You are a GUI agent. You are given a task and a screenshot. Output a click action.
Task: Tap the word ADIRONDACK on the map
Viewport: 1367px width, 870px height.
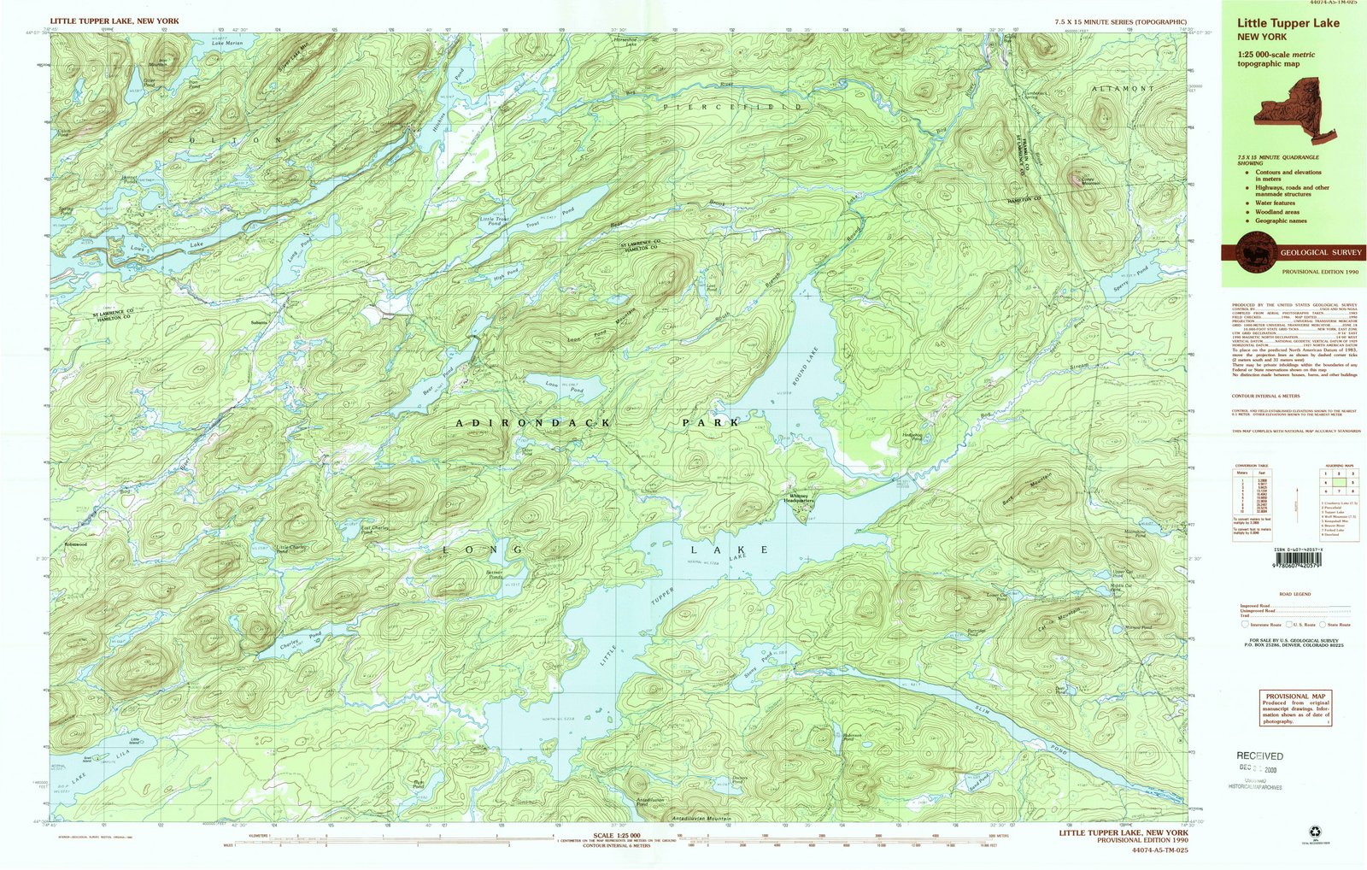(533, 423)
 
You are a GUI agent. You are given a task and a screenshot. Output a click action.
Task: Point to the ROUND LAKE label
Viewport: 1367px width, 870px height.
(804, 368)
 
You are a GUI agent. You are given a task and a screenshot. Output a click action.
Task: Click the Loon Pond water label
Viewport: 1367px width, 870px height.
(564, 387)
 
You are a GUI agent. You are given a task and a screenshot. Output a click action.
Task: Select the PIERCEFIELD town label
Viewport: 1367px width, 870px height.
(733, 108)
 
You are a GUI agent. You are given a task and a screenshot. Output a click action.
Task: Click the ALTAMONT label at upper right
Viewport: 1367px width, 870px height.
(1122, 89)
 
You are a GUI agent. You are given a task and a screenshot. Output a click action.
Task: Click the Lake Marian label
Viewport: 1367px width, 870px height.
(227, 43)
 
